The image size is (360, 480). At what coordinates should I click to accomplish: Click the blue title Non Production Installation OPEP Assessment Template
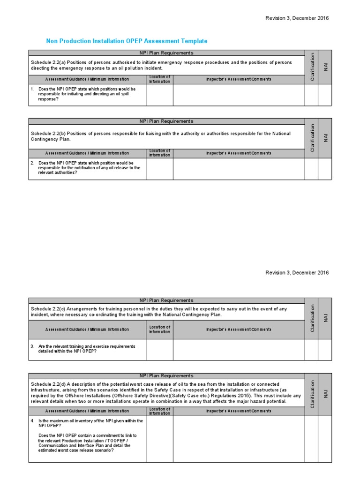[127, 41]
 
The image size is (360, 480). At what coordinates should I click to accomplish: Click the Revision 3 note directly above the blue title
[297, 18]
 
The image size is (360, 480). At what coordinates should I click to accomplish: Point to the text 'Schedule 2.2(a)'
[48, 62]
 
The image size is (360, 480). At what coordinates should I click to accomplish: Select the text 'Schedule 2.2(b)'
[48, 134]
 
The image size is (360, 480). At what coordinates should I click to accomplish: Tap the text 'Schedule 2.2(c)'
[48, 309]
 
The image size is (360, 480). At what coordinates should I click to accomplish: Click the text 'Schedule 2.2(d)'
[48, 384]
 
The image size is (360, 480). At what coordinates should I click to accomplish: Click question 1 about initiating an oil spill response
[87, 94]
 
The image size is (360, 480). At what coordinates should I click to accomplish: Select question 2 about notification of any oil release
[87, 168]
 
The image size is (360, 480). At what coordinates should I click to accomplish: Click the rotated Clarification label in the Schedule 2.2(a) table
[312, 67]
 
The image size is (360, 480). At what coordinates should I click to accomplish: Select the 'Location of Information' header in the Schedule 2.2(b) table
[159, 153]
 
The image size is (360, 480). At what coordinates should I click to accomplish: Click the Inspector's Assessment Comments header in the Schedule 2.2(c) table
[239, 330]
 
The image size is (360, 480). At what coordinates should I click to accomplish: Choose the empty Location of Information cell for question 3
[159, 349]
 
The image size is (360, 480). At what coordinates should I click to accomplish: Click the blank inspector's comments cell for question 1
[239, 95]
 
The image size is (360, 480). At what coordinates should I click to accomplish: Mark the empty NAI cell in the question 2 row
[325, 169]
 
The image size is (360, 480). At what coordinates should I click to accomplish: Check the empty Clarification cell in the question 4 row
[312, 439]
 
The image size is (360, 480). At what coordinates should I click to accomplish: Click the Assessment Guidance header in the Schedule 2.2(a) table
[87, 79]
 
